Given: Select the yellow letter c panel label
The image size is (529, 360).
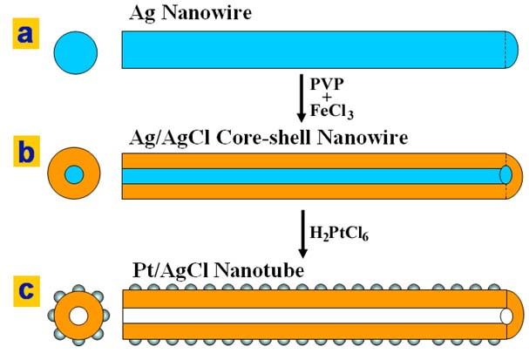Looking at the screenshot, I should (x=21, y=289).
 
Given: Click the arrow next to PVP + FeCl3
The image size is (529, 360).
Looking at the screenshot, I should (x=302, y=98).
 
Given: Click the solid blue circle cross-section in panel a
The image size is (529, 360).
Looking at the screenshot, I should (x=75, y=48).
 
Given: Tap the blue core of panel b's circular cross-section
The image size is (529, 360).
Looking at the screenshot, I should (x=74, y=174).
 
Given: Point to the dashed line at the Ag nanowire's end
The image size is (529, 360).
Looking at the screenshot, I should (x=507, y=49).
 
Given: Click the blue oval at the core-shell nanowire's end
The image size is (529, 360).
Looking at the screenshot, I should (x=506, y=174).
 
